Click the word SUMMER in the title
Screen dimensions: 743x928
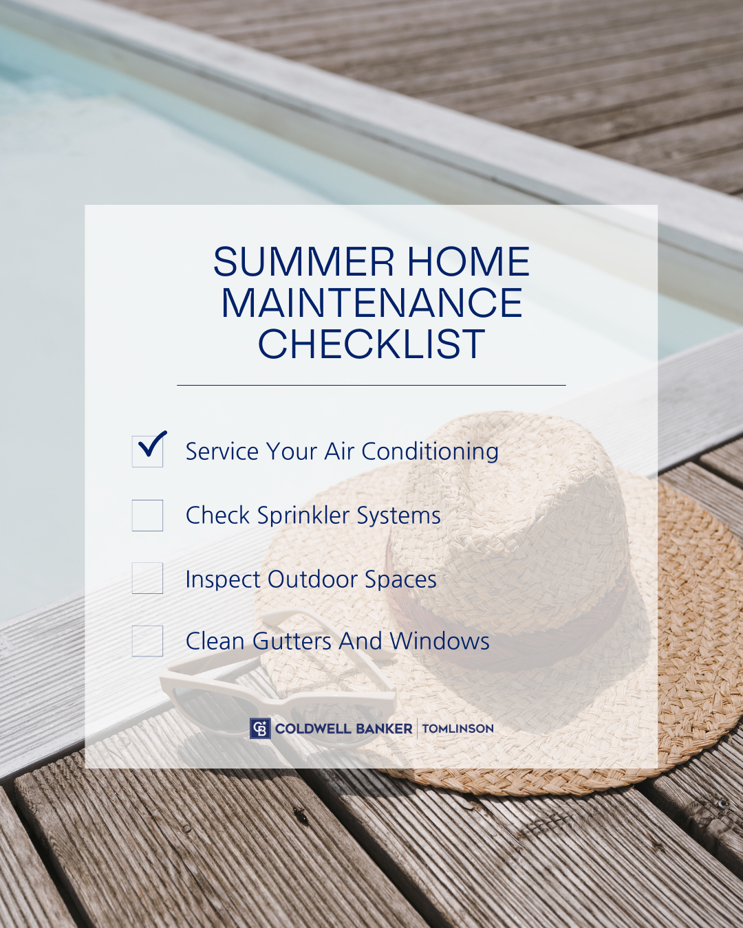[x=303, y=261]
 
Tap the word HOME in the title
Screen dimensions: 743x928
[x=469, y=261]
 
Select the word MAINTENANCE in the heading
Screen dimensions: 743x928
[x=371, y=302]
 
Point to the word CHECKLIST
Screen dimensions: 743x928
[x=371, y=343]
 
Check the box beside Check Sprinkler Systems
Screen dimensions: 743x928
[x=147, y=516]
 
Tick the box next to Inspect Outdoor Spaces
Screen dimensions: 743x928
[x=147, y=578]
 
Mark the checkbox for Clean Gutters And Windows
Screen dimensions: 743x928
[x=147, y=641]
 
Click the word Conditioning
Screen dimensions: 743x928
[x=430, y=452]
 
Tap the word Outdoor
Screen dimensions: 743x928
[x=313, y=579]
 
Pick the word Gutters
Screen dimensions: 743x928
[x=292, y=641]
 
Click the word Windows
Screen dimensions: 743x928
[x=440, y=641]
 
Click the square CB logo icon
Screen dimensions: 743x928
[x=260, y=729]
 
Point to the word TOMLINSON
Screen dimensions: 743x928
[x=458, y=729]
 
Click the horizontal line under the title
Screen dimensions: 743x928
[x=371, y=385]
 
